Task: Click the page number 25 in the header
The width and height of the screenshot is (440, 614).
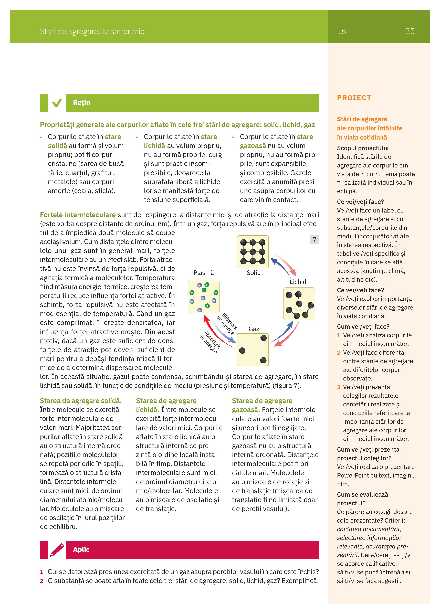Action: pyautogui.click(x=410, y=31)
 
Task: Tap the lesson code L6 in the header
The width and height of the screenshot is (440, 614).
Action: pyautogui.click(x=341, y=31)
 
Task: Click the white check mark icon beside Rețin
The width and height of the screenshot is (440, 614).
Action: pyautogui.click(x=57, y=103)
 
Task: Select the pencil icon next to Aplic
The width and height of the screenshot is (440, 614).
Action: pyautogui.click(x=57, y=549)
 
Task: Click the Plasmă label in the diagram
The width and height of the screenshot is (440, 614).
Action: pyautogui.click(x=204, y=273)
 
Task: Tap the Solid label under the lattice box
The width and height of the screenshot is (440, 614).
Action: pyautogui.click(x=253, y=273)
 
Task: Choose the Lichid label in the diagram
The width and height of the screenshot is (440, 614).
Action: pyautogui.click(x=298, y=282)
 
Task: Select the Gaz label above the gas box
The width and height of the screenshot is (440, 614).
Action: pyautogui.click(x=254, y=329)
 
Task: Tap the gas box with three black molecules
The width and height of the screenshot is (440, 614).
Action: pyautogui.click(x=253, y=350)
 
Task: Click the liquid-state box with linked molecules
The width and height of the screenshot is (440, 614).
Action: pyautogui.click(x=299, y=303)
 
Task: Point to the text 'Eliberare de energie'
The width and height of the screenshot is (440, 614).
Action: pyautogui.click(x=227, y=324)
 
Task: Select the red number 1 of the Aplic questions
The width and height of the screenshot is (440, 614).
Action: pyautogui.click(x=42, y=572)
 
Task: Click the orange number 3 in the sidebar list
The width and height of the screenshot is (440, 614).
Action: pyautogui.click(x=338, y=387)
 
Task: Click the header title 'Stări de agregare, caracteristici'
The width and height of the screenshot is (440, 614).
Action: pyautogui.click(x=93, y=31)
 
